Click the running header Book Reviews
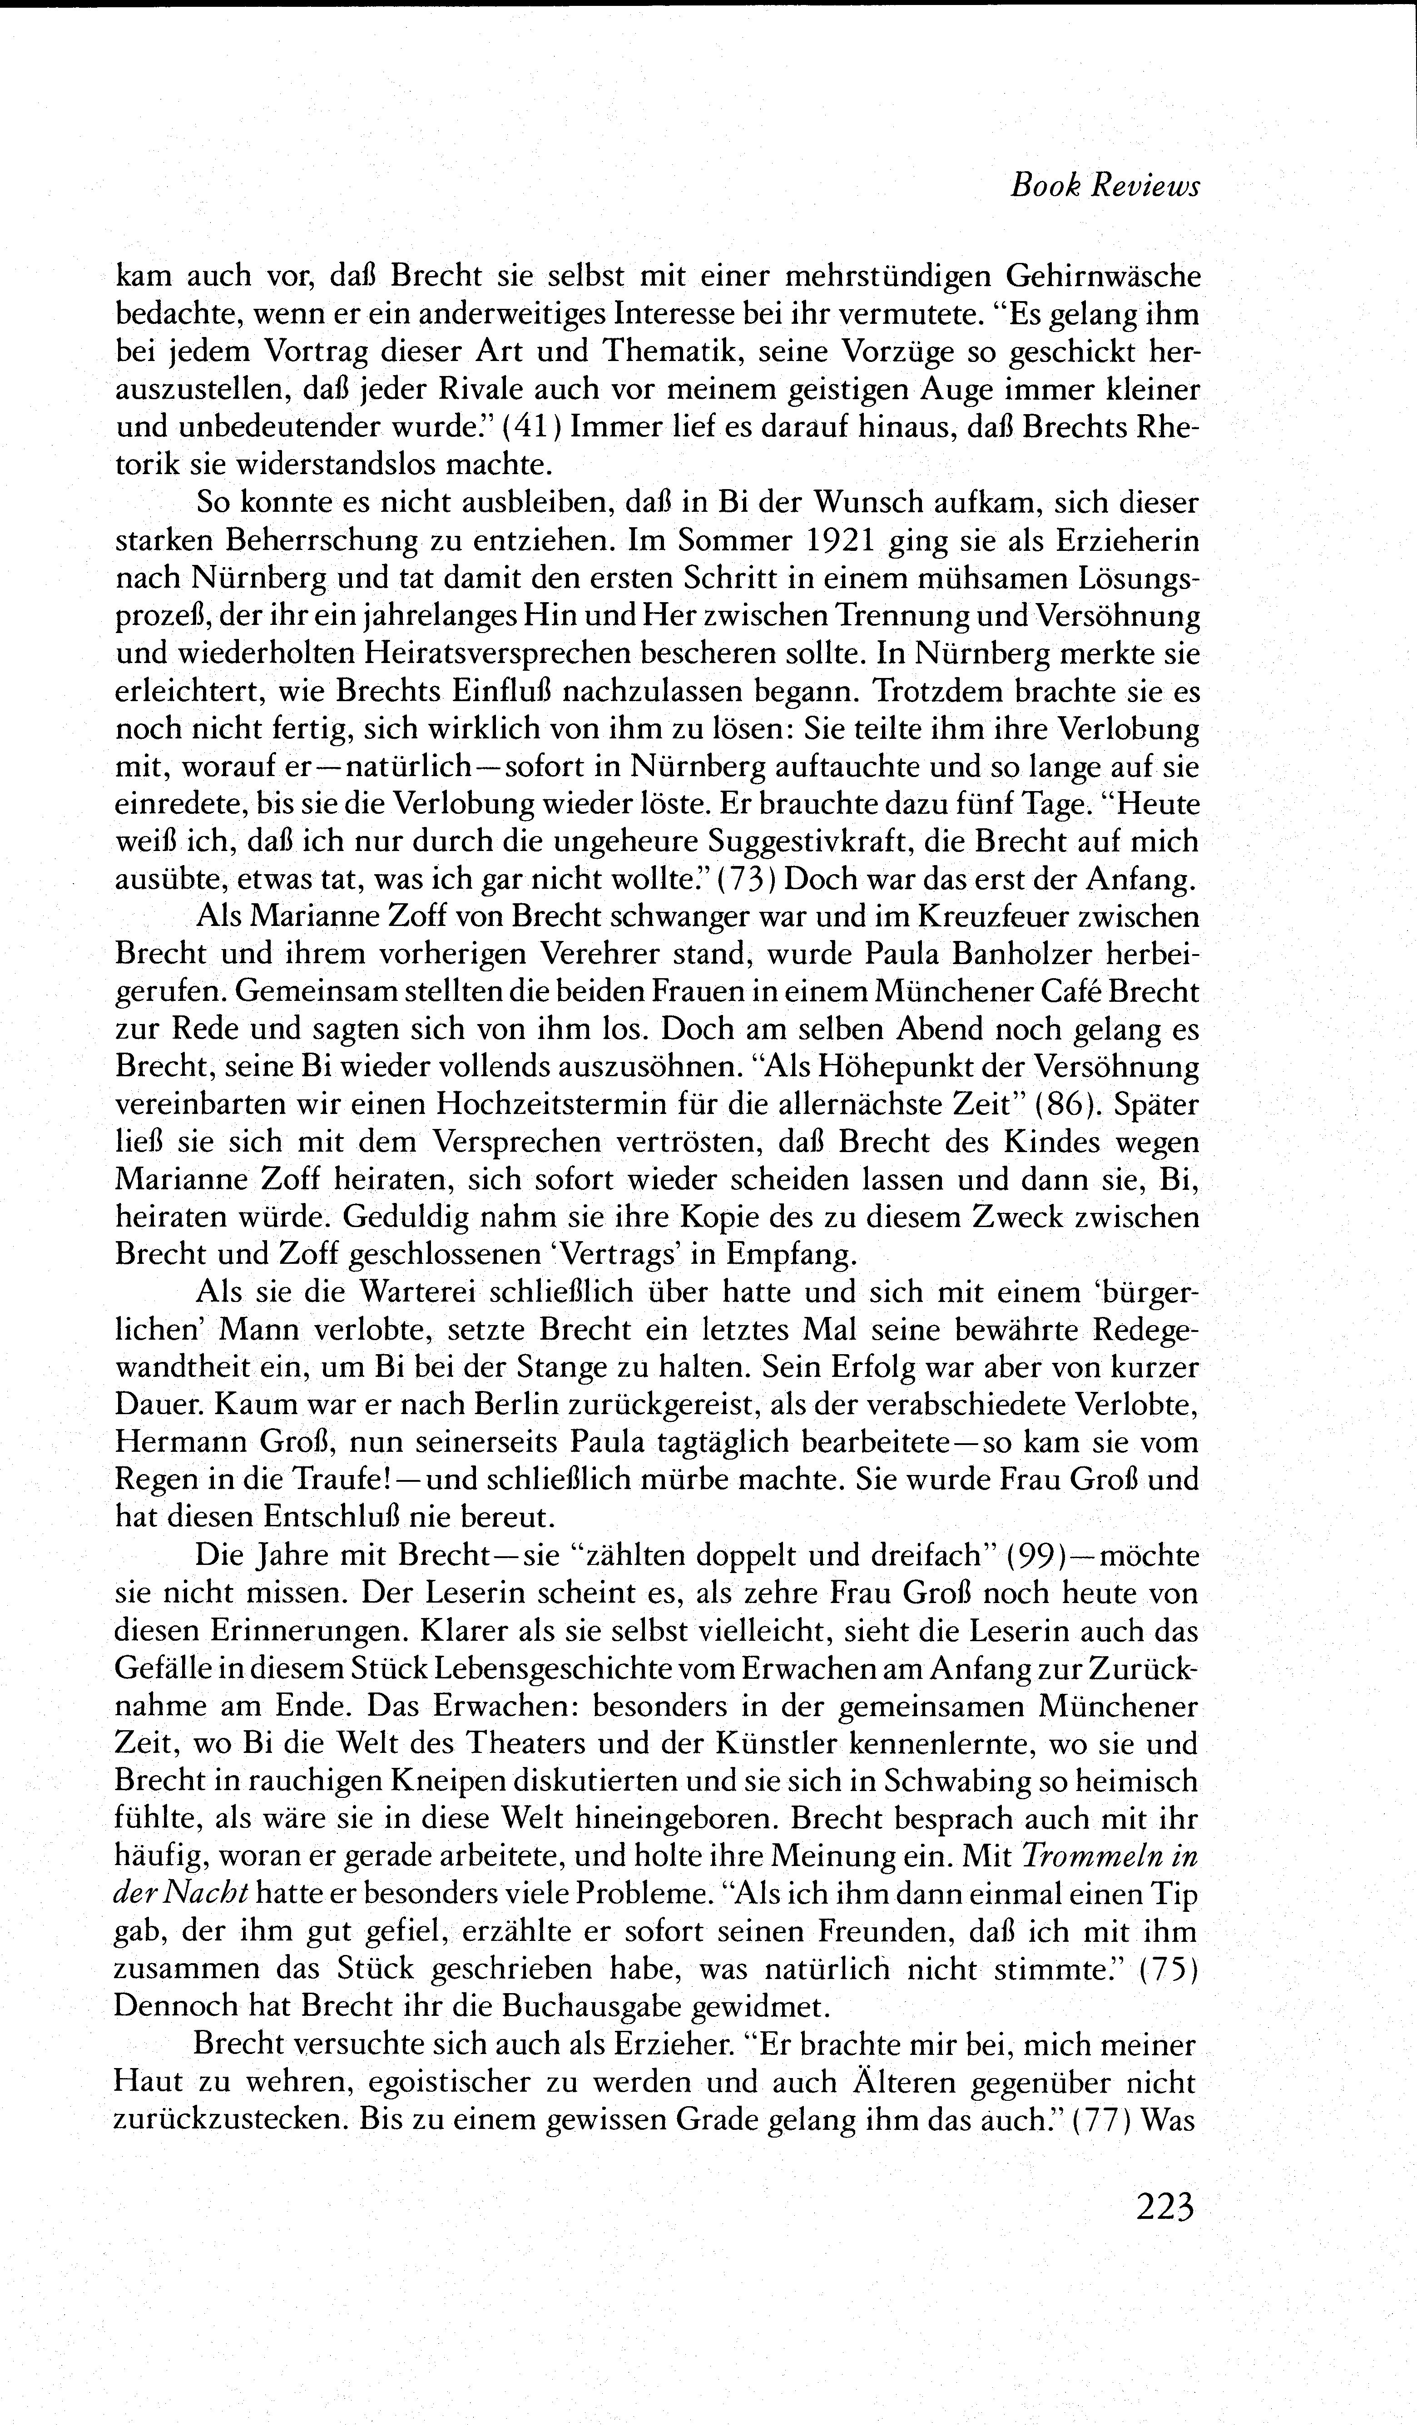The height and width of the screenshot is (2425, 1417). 1104,187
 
